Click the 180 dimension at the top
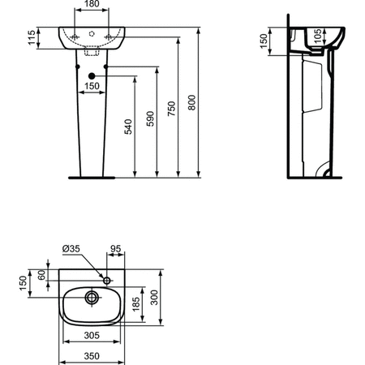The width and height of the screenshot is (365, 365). (x=92, y=4)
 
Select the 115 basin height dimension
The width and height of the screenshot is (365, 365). (x=32, y=38)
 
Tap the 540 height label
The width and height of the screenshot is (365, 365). (x=128, y=127)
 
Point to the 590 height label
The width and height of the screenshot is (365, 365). (x=150, y=118)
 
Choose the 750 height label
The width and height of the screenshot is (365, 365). (x=171, y=109)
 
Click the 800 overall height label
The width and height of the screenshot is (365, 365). (x=191, y=102)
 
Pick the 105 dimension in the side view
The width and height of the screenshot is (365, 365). (x=318, y=36)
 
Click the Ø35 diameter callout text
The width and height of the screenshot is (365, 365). (x=71, y=248)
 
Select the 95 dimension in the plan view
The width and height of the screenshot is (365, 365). (x=116, y=248)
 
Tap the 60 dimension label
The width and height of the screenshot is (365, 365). (x=41, y=275)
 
